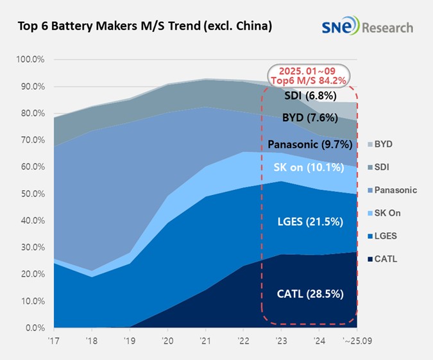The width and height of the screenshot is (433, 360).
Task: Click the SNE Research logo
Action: [x=368, y=28]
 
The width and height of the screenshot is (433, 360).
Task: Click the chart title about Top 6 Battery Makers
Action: [x=145, y=26]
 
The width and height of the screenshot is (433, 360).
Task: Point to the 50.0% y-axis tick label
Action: [x=31, y=194]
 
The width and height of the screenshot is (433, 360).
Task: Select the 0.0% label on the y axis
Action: [x=33, y=328]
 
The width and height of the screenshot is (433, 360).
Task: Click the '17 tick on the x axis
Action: [x=55, y=340]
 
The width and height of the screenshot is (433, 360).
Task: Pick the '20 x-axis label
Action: [x=167, y=340]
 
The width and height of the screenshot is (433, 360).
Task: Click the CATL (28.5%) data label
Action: [x=310, y=295]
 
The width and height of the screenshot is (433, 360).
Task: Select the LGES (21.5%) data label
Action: [x=310, y=221]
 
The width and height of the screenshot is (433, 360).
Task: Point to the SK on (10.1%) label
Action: [x=309, y=167]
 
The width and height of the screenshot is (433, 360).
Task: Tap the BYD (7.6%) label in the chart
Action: [x=310, y=118]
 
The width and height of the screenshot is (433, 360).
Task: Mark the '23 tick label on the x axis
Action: [x=280, y=340]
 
